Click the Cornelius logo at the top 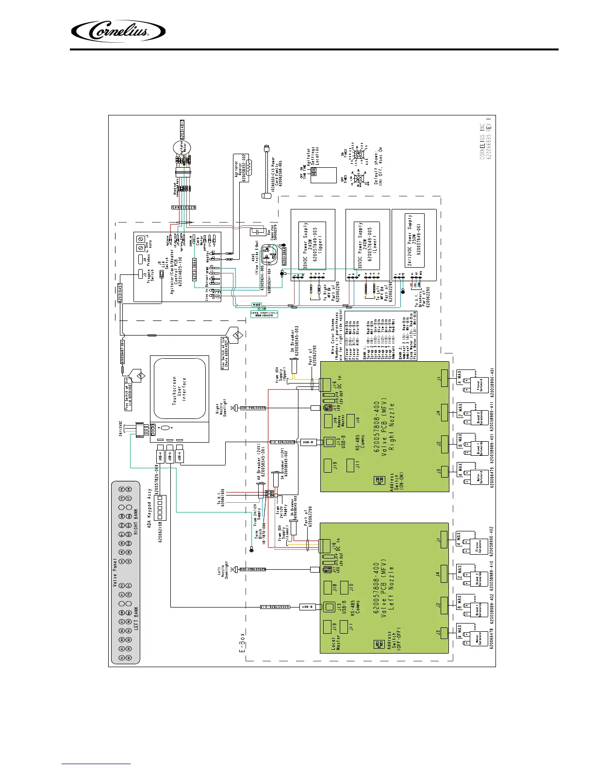pos(118,32)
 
